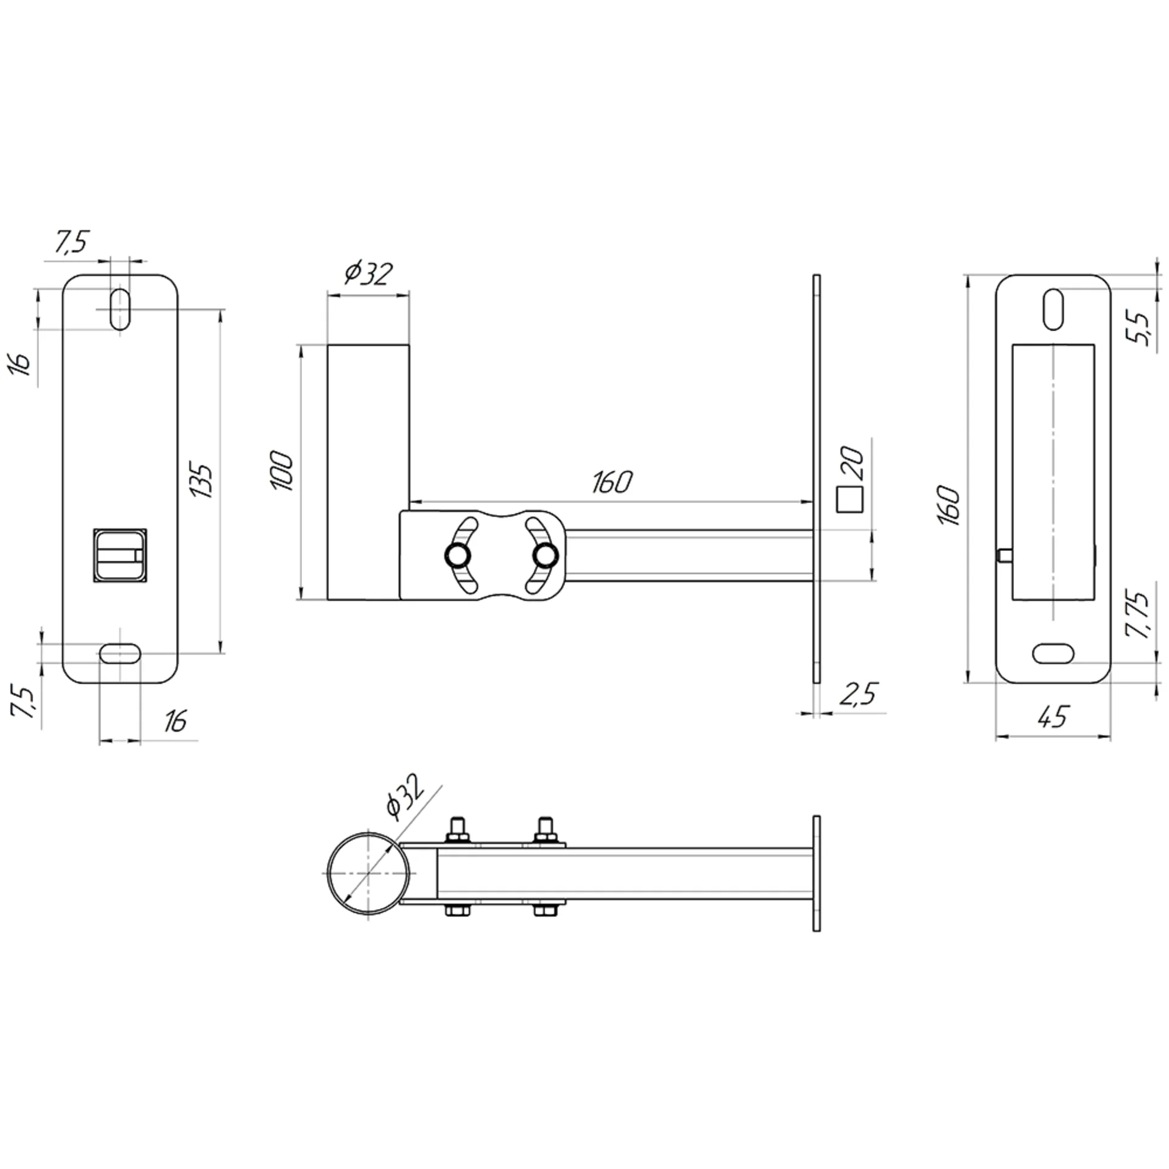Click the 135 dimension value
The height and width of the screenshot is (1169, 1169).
(202, 481)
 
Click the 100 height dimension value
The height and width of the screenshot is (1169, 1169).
(283, 469)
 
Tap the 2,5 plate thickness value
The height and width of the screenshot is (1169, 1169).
(859, 695)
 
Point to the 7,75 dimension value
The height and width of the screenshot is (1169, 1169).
(1137, 614)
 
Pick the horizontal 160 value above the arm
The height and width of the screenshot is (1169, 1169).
(613, 483)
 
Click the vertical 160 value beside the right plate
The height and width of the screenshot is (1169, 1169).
(949, 505)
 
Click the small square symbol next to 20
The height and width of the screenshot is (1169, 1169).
(851, 499)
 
